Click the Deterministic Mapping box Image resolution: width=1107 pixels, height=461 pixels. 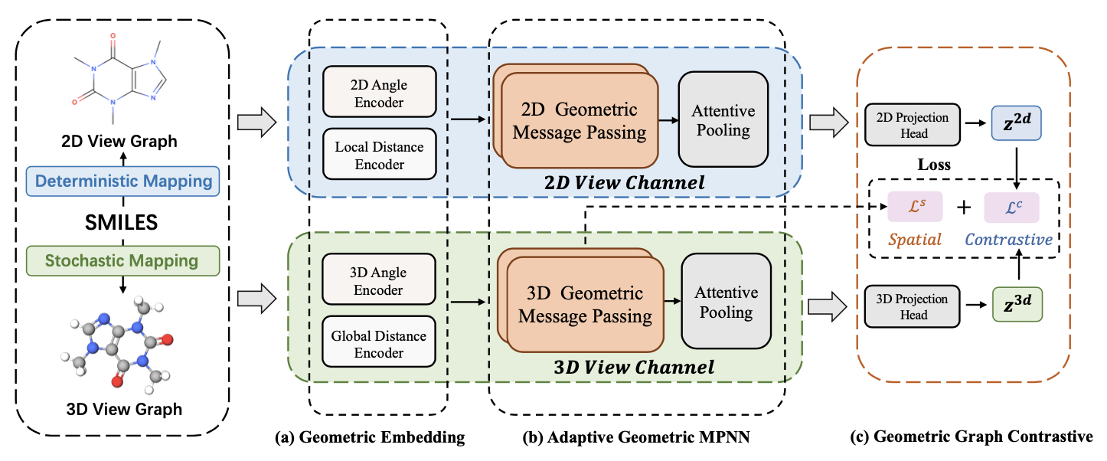tap(122, 181)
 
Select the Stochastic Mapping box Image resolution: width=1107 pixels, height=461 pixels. tap(122, 261)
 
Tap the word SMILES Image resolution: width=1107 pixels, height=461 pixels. tap(121, 222)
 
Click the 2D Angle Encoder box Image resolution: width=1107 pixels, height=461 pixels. tap(380, 92)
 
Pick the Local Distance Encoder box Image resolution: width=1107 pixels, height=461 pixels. tap(380, 154)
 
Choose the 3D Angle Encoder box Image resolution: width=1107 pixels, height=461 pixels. tap(378, 280)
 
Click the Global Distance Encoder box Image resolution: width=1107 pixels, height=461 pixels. tap(378, 342)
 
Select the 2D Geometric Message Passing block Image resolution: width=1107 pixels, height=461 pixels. tap(576, 116)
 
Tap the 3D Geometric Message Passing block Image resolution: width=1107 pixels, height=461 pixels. tap(581, 300)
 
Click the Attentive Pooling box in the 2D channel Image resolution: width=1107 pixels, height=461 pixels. tap(723, 119)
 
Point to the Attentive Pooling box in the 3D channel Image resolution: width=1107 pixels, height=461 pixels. tap(727, 302)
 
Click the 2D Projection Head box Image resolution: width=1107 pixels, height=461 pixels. tap(913, 125)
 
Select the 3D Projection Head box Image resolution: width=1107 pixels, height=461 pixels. tap(913, 306)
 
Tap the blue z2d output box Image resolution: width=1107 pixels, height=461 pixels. tap(1017, 123)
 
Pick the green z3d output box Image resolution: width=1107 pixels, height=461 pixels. tap(1017, 304)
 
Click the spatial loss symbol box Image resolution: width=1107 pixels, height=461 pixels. tap(916, 207)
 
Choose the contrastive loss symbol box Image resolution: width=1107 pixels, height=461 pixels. tap(1011, 208)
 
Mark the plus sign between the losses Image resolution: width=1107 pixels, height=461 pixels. tap(964, 208)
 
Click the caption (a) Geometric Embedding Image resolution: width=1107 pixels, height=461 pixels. tap(370, 437)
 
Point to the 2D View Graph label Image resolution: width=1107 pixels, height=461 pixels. tap(119, 142)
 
